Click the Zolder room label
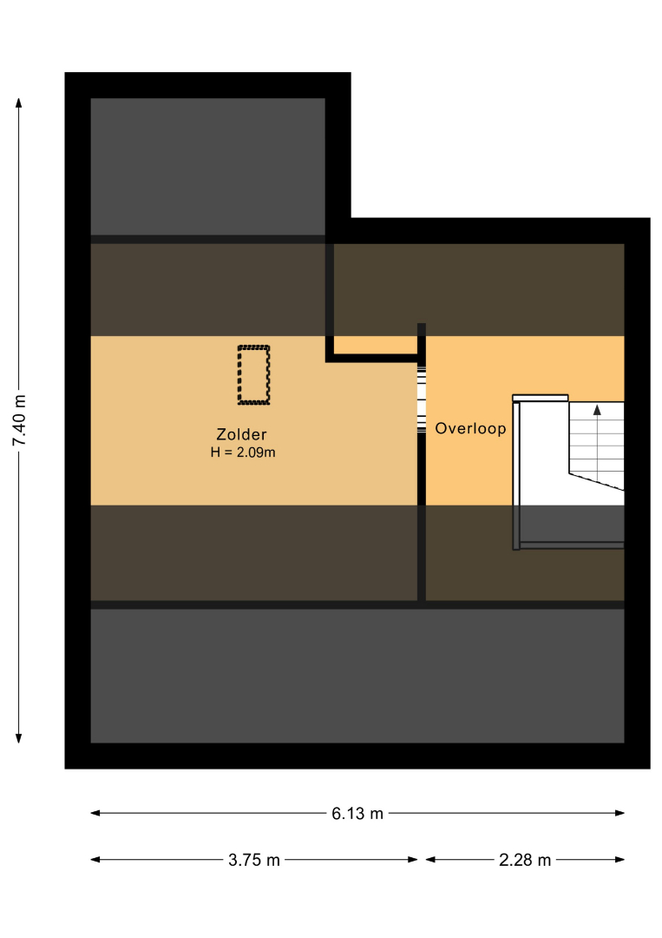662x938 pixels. tap(241, 434)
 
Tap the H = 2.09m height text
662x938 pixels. tap(243, 452)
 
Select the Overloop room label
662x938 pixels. tap(470, 428)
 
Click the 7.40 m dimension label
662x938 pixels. tap(19, 420)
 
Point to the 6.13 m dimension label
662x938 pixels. tap(357, 814)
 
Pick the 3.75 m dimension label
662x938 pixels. tap(254, 860)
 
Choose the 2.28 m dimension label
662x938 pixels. tap(525, 860)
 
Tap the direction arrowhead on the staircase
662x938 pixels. tap(597, 410)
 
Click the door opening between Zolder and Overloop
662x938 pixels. tap(421, 399)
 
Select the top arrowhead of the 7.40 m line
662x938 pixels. tap(18, 102)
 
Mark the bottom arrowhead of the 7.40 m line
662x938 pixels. tap(18, 738)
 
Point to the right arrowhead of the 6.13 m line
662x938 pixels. tap(619, 813)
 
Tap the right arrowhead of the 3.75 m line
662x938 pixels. tap(413, 860)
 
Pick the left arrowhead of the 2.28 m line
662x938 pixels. tap(431, 860)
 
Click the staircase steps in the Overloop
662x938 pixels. tap(596, 443)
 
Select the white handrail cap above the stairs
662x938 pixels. tap(541, 398)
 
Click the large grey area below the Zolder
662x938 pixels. tap(357, 676)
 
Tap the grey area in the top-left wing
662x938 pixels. tap(208, 166)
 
